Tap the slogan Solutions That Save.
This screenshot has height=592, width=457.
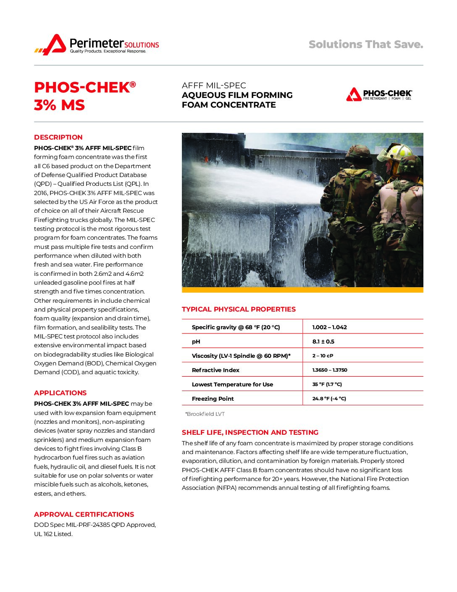pyautogui.click(x=365, y=45)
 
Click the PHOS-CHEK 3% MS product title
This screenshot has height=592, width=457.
pyautogui.click(x=84, y=96)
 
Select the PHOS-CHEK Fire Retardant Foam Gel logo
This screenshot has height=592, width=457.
pyautogui.click(x=379, y=95)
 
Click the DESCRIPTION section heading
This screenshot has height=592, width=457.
pyautogui.click(x=58, y=137)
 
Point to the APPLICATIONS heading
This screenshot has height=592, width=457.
pyautogui.click(x=60, y=393)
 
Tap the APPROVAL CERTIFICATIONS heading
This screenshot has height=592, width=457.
pyautogui.click(x=84, y=515)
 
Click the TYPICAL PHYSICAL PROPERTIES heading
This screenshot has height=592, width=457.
pyautogui.click(x=239, y=309)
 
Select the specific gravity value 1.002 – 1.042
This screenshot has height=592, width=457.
pyautogui.click(x=329, y=327)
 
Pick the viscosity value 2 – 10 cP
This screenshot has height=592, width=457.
pyautogui.click(x=323, y=356)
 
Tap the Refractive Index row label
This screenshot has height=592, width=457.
pyautogui.click(x=215, y=370)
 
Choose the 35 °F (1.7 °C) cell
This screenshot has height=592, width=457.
pyautogui.click(x=327, y=384)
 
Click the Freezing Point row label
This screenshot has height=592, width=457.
pyautogui.click(x=213, y=399)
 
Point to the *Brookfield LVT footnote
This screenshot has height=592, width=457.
pyautogui.click(x=205, y=414)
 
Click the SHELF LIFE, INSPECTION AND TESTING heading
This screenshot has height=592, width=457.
pyautogui.click(x=250, y=433)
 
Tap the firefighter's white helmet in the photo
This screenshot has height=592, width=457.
pyautogui.click(x=394, y=152)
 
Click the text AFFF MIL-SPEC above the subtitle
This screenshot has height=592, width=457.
pyautogui.click(x=214, y=85)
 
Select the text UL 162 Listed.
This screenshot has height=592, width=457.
pyautogui.click(x=53, y=534)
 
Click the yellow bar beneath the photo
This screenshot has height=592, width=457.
pyautogui.click(x=302, y=290)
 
